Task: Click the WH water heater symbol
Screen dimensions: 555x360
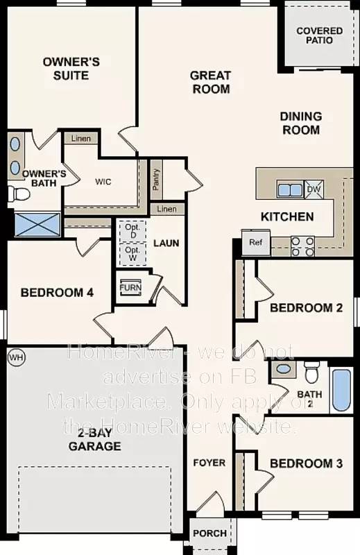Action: click(15, 357)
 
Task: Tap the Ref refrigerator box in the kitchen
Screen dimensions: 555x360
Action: click(256, 243)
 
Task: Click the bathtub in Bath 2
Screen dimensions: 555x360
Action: click(341, 390)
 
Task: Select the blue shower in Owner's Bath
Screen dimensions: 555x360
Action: click(38, 225)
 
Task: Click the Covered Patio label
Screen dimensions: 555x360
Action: click(319, 35)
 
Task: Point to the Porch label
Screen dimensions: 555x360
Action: click(209, 533)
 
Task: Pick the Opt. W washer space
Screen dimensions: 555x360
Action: click(132, 253)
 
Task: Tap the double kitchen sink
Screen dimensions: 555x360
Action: click(289, 189)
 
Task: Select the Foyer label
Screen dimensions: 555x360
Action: click(209, 463)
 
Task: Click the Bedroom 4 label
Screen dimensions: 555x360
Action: click(57, 293)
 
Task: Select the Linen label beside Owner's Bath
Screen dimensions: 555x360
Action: click(81, 139)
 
